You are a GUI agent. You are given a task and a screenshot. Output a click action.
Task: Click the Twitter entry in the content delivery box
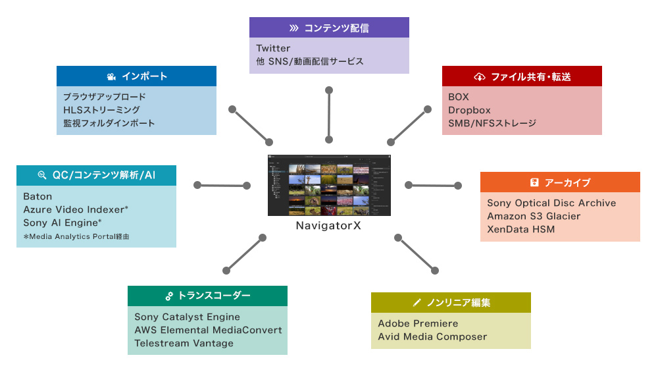[273, 48]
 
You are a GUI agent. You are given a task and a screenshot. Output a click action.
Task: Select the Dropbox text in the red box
[469, 110]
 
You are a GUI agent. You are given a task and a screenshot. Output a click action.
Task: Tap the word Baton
[38, 196]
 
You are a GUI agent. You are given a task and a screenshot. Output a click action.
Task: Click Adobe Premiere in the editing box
[418, 323]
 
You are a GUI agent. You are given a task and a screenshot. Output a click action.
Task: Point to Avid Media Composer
[432, 336]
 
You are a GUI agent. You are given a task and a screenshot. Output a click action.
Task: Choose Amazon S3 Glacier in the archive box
[534, 216]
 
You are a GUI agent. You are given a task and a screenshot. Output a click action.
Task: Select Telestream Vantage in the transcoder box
[184, 343]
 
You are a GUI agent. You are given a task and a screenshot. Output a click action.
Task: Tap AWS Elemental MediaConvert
[208, 330]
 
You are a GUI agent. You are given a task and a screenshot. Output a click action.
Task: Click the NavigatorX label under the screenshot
[328, 226]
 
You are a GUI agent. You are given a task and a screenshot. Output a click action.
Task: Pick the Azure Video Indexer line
[75, 209]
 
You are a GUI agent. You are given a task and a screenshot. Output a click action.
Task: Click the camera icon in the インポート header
[111, 76]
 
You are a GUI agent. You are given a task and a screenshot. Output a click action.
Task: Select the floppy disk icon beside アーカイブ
[534, 182]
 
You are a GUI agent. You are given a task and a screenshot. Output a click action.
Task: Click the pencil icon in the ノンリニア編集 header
[416, 303]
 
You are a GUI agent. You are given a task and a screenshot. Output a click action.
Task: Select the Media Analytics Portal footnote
[76, 236]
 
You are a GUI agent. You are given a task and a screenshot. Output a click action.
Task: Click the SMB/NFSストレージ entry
[492, 123]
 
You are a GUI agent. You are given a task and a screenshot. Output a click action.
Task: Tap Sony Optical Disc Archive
[551, 203]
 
